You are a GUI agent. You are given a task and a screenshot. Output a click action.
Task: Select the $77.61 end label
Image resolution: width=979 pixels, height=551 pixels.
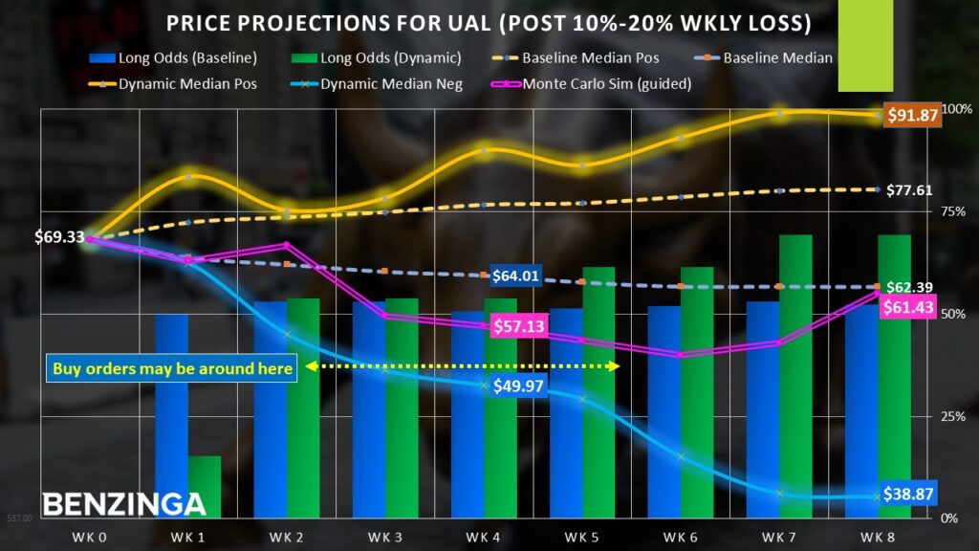(x=909, y=190)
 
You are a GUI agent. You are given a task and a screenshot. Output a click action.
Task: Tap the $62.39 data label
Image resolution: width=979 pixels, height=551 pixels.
(x=910, y=286)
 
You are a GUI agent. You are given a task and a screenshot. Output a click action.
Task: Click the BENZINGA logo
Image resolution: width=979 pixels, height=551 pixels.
(x=124, y=503)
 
